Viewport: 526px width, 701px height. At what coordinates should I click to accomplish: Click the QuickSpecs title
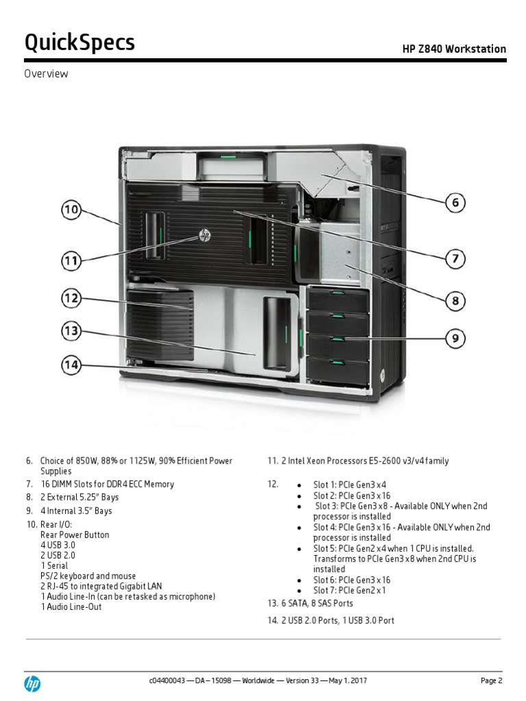79,43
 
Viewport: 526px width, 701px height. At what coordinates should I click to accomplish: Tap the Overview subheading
47,74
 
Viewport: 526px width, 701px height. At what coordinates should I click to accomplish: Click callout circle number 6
455,202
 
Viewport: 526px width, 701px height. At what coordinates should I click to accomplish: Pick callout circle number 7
455,259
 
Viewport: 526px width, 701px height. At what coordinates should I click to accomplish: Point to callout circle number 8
455,301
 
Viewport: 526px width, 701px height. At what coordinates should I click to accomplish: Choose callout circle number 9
455,338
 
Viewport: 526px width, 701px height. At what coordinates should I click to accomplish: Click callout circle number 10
71,210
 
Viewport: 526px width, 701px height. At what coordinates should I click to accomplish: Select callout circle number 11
71,261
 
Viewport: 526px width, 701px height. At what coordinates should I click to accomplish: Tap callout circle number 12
71,298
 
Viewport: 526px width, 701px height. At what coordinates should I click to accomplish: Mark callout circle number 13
71,331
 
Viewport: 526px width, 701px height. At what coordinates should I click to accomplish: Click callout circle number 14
71,365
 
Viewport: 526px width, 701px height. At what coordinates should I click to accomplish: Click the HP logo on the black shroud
204,235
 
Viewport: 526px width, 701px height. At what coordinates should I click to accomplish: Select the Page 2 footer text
492,680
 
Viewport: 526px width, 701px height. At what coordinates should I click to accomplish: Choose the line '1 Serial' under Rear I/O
54,566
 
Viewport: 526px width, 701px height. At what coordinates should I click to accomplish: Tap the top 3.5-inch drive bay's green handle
337,294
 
